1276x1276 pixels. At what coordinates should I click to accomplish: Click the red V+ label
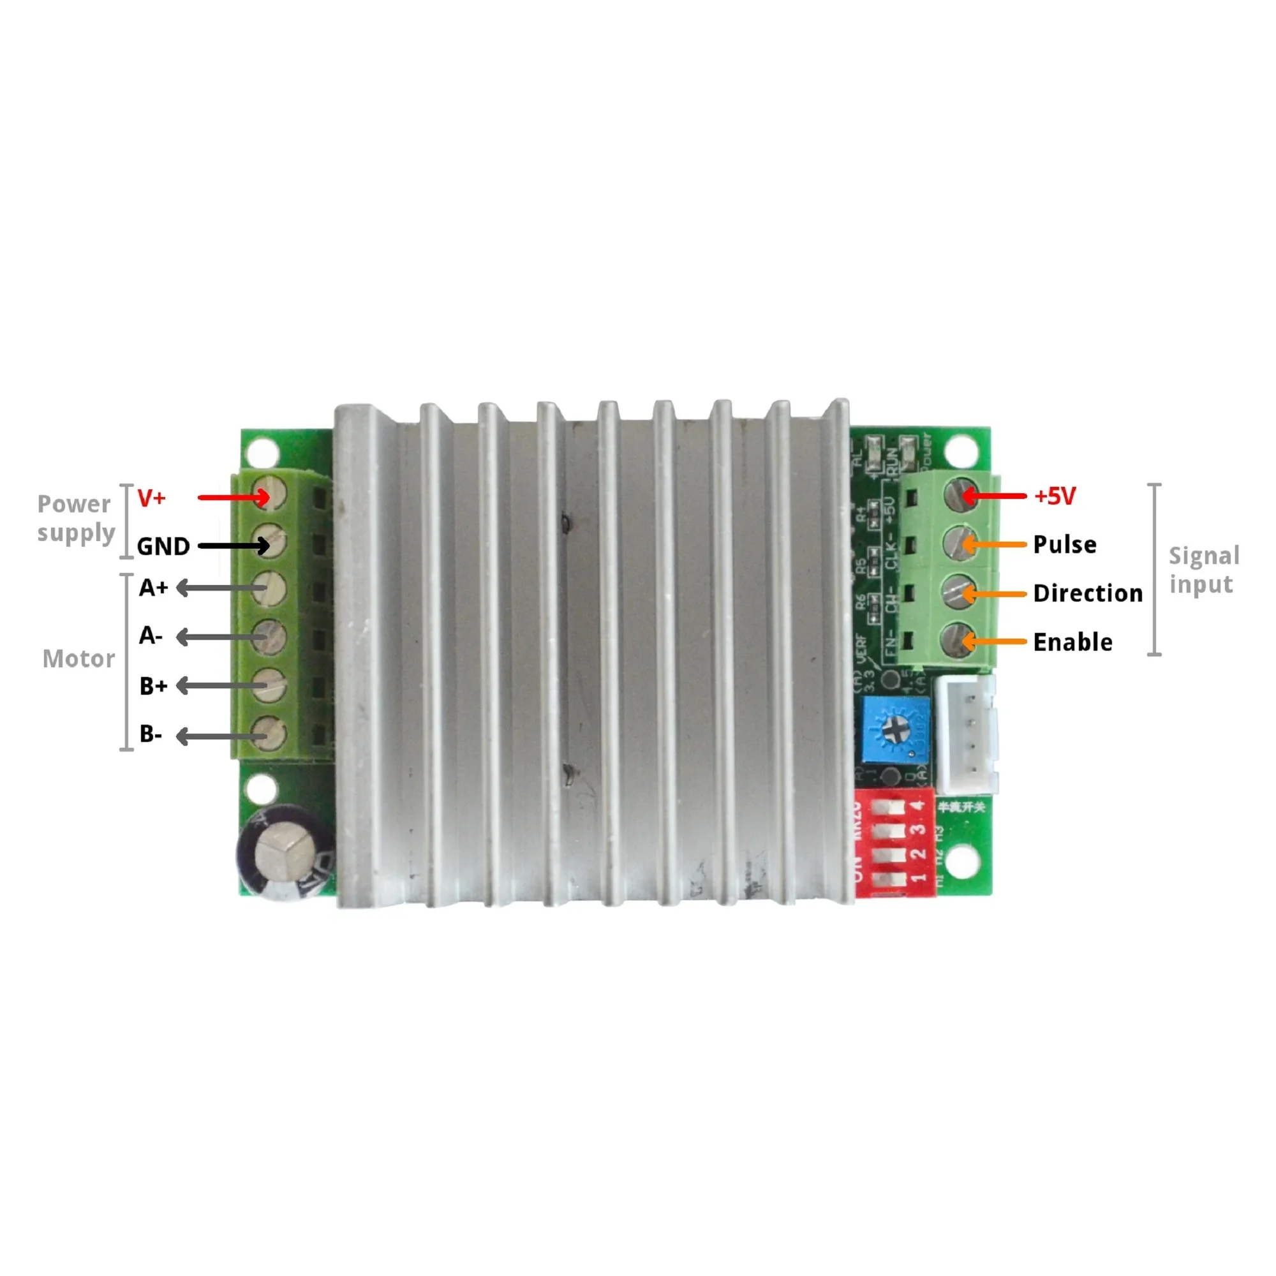click(x=151, y=498)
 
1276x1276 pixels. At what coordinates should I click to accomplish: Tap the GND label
click(x=163, y=547)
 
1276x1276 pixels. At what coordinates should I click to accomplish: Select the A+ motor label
click(x=153, y=588)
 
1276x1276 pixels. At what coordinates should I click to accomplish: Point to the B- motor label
click(x=151, y=734)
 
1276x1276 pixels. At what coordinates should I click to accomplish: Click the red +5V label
click(x=1055, y=496)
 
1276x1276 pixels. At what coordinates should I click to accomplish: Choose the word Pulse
click(x=1065, y=545)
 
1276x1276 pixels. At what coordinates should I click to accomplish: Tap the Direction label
click(x=1088, y=593)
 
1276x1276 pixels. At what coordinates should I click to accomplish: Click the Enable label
click(x=1072, y=642)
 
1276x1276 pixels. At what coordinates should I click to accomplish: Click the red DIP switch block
click(x=894, y=845)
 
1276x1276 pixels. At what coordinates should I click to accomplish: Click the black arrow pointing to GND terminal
click(x=234, y=545)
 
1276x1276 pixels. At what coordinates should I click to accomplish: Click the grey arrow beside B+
click(x=222, y=686)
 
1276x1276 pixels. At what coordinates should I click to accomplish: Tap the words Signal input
click(x=1203, y=570)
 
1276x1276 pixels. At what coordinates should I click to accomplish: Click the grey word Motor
click(x=78, y=659)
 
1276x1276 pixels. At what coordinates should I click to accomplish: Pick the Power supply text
click(x=75, y=518)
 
